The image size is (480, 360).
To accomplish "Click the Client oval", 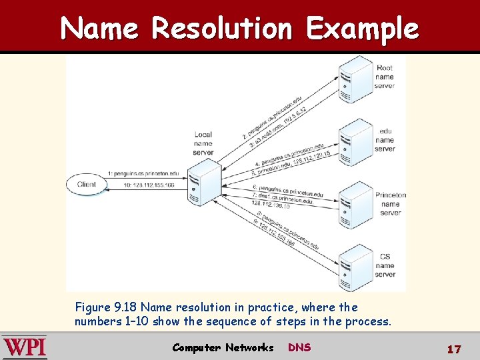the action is click(87, 185).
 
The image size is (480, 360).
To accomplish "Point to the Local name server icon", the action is click(204, 182).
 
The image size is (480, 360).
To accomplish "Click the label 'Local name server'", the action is click(203, 143).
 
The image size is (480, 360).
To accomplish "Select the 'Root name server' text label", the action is click(385, 77).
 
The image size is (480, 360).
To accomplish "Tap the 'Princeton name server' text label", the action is click(390, 204).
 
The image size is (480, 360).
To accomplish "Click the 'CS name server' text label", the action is click(385, 265).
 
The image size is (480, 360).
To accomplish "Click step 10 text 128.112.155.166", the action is click(143, 185).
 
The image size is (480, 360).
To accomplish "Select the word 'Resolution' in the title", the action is click(221, 29).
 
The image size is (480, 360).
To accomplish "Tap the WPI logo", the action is click(25, 347).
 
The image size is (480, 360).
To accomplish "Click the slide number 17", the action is click(454, 349).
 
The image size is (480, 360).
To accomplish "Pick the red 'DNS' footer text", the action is click(299, 347).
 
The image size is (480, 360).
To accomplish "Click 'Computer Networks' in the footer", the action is click(223, 347).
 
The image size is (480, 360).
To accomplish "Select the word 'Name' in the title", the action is click(99, 29).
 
